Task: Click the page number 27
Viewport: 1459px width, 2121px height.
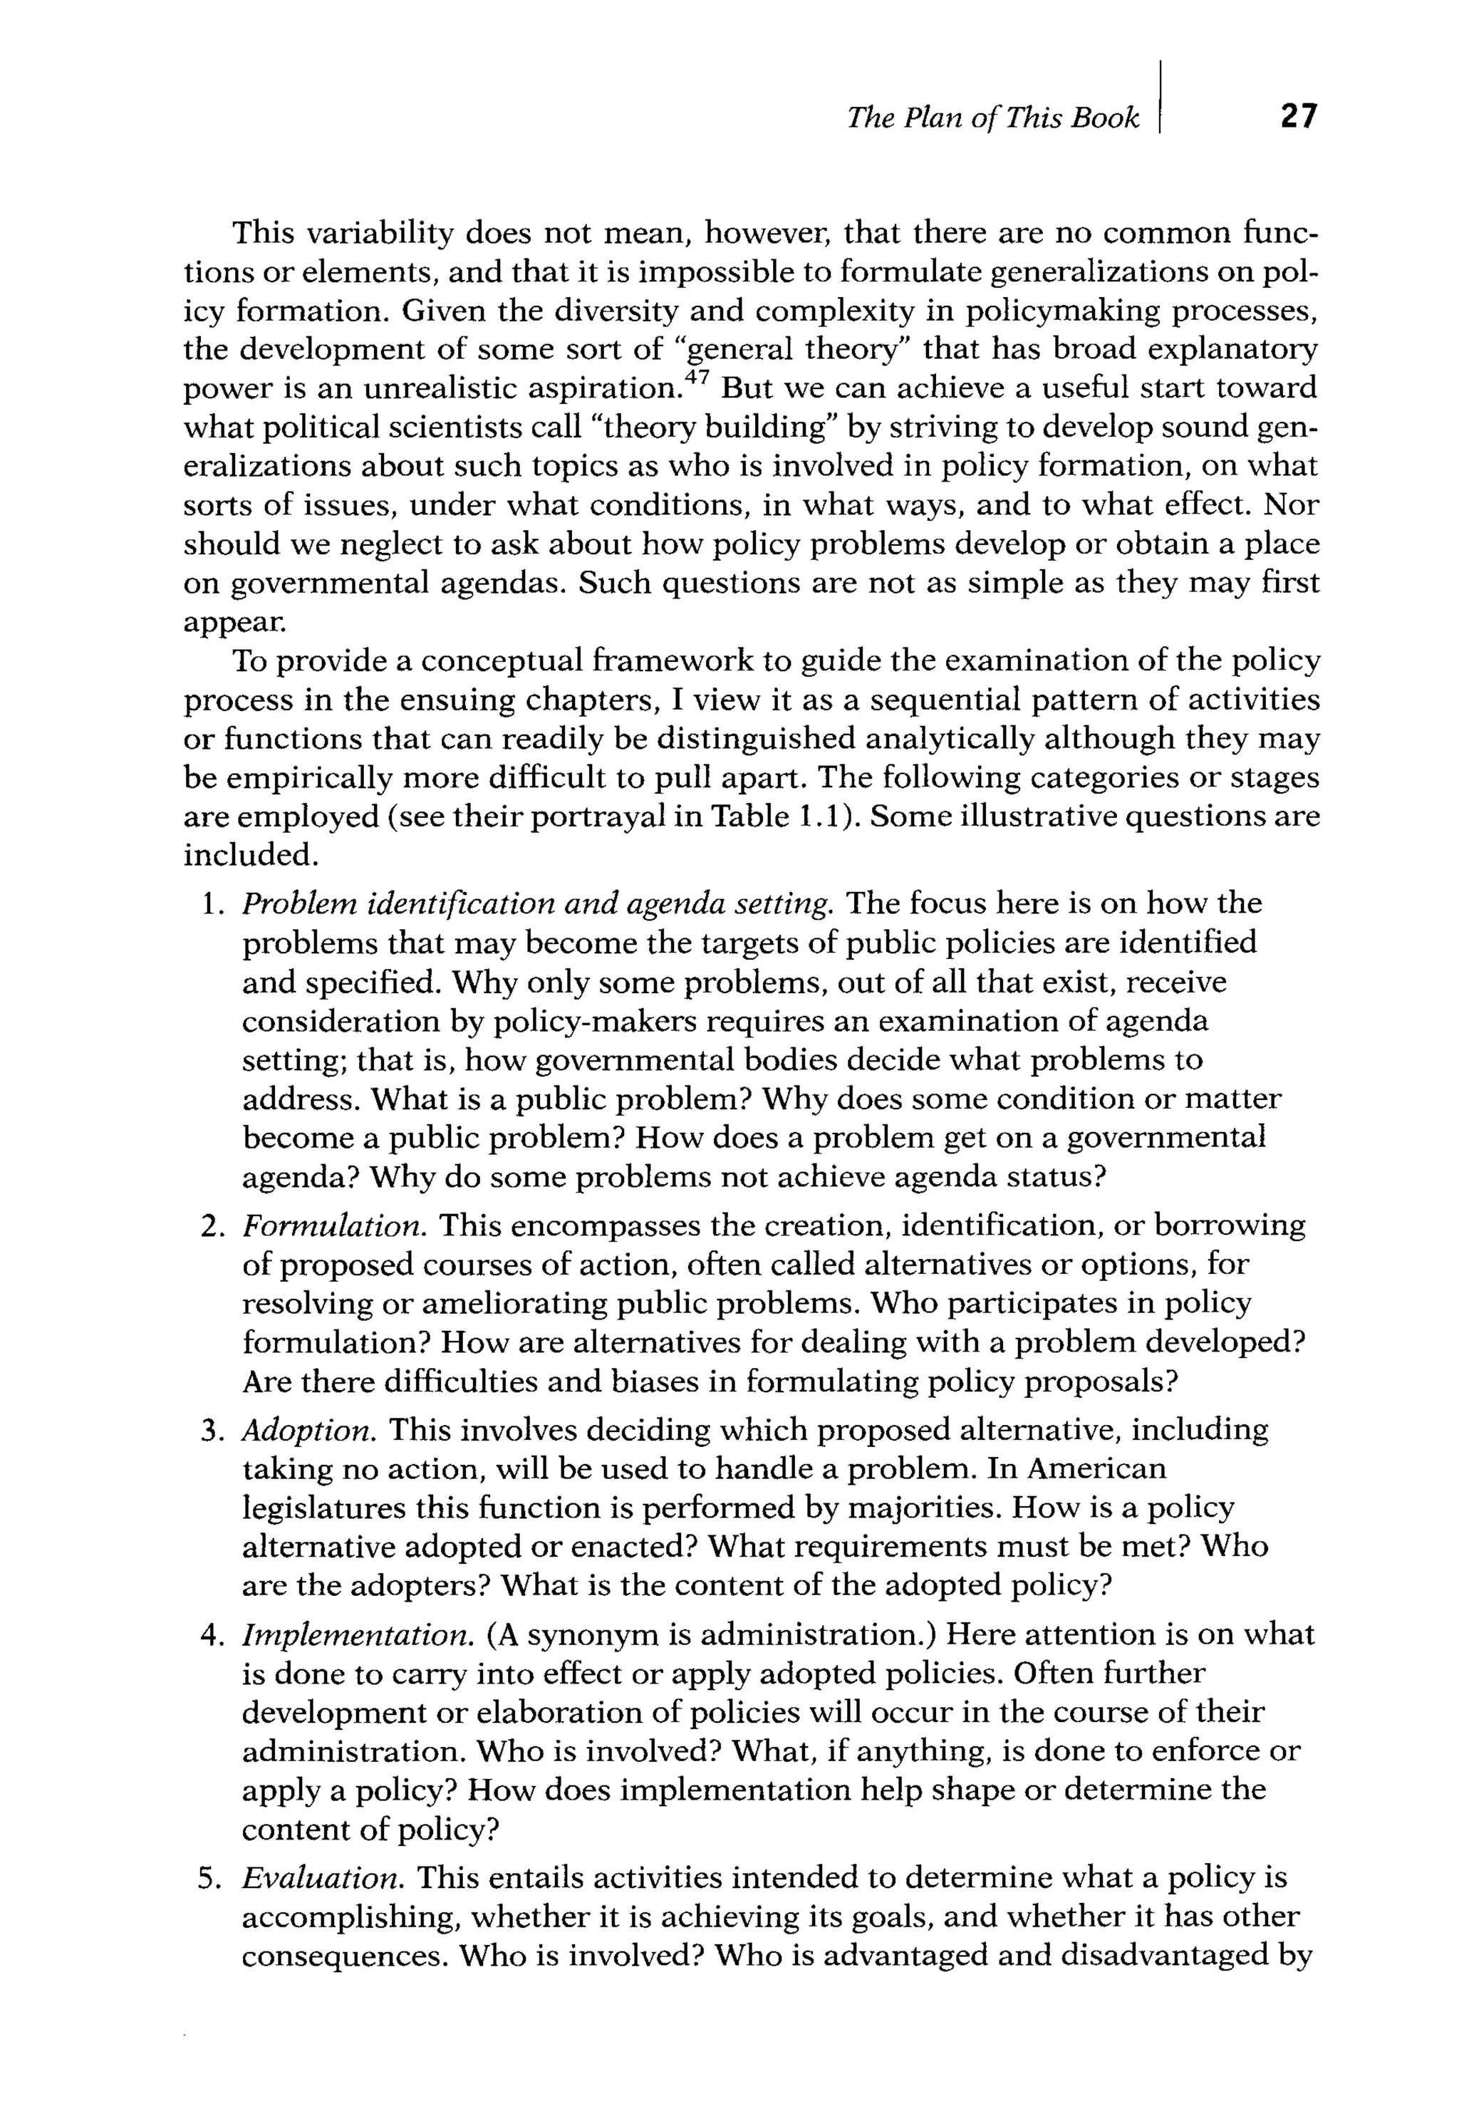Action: click(1298, 117)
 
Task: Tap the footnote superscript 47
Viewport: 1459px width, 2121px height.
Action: click(697, 375)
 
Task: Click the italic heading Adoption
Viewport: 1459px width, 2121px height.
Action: click(308, 1430)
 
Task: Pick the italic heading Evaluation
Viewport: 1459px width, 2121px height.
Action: click(323, 1878)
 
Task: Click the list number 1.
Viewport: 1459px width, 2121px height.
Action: click(209, 904)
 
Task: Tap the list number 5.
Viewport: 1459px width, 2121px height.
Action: click(209, 1879)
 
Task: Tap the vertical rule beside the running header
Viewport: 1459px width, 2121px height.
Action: click(1158, 96)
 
